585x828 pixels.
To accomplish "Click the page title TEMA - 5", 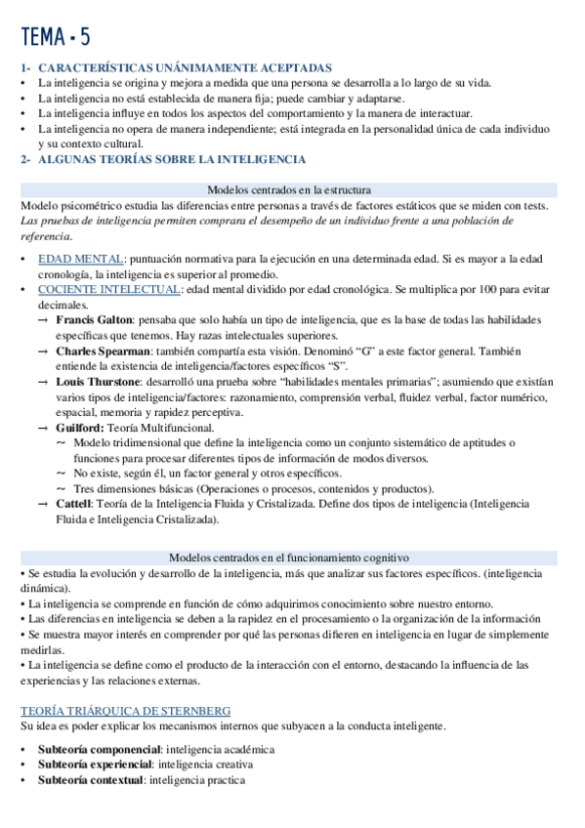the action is [56, 37].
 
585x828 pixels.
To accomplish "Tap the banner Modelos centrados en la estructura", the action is [289, 190].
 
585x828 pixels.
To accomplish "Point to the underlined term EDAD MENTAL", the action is [81, 259].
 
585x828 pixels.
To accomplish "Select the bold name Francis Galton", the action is [96, 319].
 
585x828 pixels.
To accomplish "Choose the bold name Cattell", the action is [74, 503].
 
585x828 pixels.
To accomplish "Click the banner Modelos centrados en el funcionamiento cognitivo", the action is [289, 558].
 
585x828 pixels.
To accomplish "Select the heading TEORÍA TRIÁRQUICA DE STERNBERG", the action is [125, 711].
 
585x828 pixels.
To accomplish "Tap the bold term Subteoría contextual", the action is [91, 780].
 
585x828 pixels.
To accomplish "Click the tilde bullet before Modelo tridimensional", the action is [62, 442].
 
